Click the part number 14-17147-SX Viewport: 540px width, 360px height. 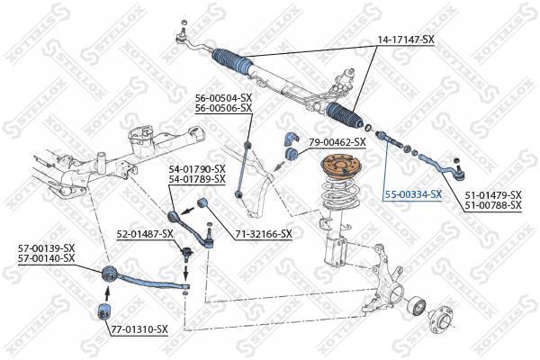click(x=407, y=40)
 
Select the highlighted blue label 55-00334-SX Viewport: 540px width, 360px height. click(x=413, y=194)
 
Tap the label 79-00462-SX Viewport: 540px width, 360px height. click(x=337, y=142)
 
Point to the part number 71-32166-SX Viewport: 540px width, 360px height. click(x=264, y=234)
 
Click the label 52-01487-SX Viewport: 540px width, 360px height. click(x=145, y=234)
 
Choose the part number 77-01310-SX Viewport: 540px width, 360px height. click(x=139, y=329)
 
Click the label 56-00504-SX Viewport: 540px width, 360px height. click(x=223, y=97)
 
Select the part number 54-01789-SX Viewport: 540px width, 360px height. click(x=197, y=179)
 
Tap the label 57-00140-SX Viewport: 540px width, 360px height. click(x=46, y=257)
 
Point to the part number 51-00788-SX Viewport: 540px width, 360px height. click(x=493, y=206)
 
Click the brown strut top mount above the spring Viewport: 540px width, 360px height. click(x=338, y=166)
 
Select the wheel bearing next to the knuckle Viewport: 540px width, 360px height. click(x=416, y=305)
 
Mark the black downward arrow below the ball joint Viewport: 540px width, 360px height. click(x=186, y=272)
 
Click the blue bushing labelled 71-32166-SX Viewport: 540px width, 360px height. click(x=202, y=202)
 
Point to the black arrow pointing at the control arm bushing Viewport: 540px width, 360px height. click(x=188, y=210)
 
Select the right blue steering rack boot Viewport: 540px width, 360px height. click(x=345, y=115)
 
